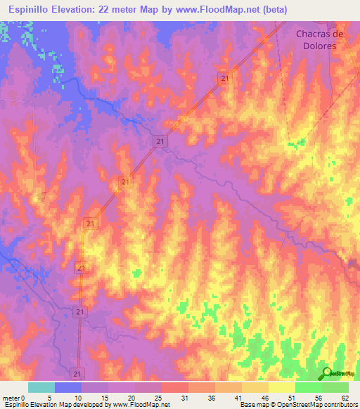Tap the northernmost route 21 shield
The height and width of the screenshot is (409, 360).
pos(224,79)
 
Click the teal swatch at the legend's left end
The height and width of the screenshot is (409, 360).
pos(41,387)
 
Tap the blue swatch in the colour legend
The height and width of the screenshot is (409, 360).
pos(68,387)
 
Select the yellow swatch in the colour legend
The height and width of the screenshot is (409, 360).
pos(282,387)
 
